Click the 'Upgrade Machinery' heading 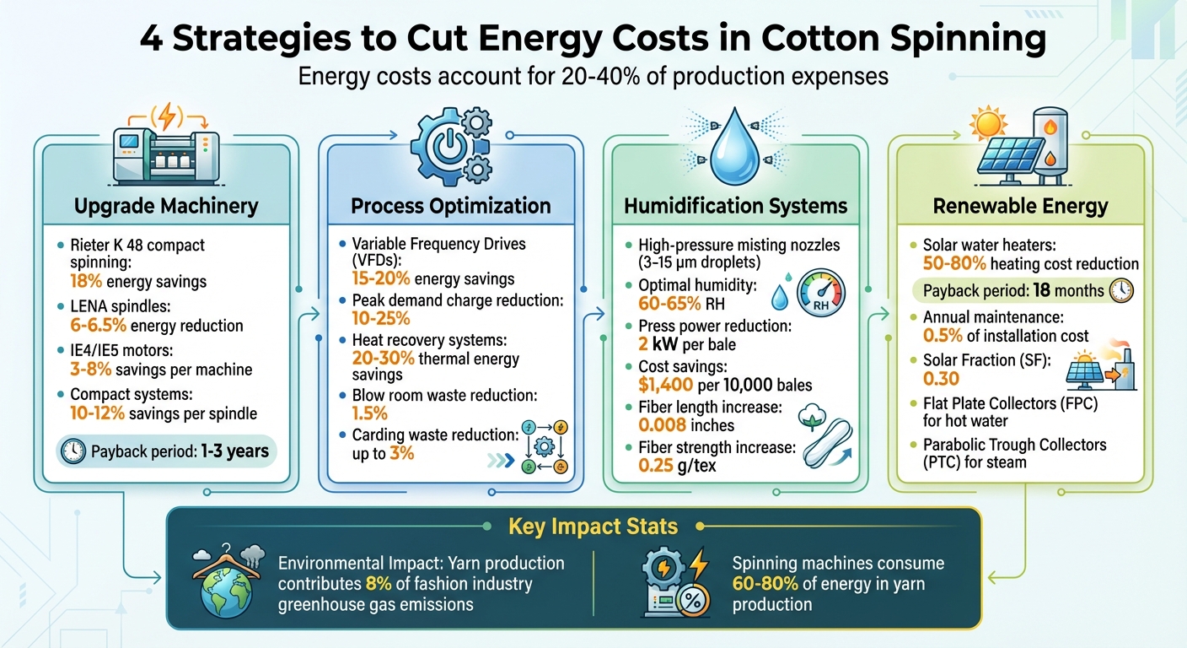pyautogui.click(x=166, y=206)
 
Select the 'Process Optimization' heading pyautogui.click(x=450, y=206)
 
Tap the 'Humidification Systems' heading pyautogui.click(x=735, y=206)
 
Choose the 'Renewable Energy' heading pyautogui.click(x=1020, y=206)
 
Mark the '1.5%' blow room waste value pyautogui.click(x=368, y=413)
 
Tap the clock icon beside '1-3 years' pyautogui.click(x=73, y=451)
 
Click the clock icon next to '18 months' pyautogui.click(x=1122, y=291)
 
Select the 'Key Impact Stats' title pyautogui.click(x=593, y=527)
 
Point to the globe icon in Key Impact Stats pyautogui.click(x=227, y=591)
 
